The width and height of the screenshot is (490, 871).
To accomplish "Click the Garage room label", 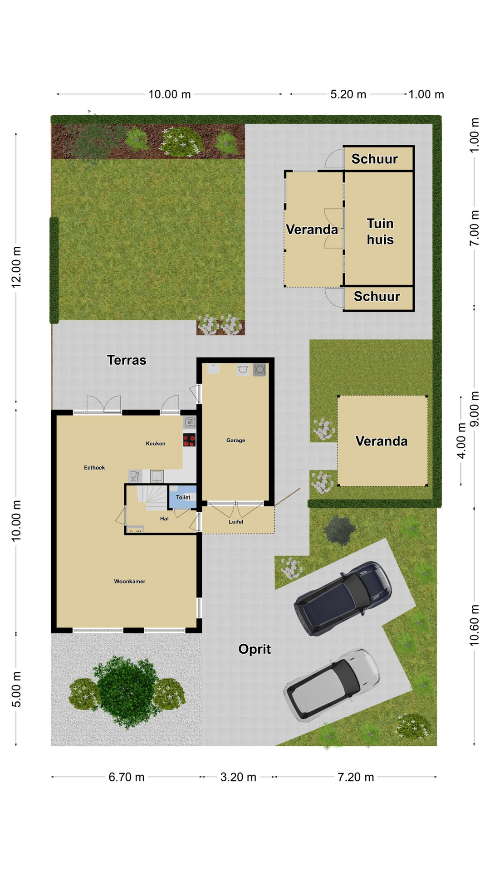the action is [x=235, y=440].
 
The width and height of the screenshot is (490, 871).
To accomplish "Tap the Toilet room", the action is [x=183, y=497].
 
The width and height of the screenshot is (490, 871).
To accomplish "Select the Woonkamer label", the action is [x=130, y=581].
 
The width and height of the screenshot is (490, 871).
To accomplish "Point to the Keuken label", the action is [x=156, y=443].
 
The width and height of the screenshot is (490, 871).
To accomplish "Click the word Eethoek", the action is [x=94, y=467].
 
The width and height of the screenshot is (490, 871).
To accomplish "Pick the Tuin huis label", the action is [x=380, y=231].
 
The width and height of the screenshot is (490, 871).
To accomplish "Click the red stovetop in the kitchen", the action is [x=189, y=440].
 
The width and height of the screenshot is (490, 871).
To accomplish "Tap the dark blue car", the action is [x=343, y=598].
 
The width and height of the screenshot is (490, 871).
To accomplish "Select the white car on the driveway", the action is [x=332, y=685].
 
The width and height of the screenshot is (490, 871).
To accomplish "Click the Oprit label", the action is [x=255, y=649].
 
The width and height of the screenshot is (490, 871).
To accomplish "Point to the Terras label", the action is [x=127, y=360].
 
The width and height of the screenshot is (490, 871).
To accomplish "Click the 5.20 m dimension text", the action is [x=348, y=94].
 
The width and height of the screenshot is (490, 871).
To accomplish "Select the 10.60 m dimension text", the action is [x=474, y=625].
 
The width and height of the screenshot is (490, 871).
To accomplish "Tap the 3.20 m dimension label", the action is [x=238, y=777].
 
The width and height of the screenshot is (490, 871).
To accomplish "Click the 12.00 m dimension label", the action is [x=16, y=267].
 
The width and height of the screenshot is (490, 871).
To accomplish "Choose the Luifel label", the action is [x=236, y=522].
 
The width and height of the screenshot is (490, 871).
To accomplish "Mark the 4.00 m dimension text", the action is [x=461, y=441].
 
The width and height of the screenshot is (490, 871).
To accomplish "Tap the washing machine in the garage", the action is [x=260, y=370].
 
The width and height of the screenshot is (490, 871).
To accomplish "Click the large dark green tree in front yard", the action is [x=126, y=692].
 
